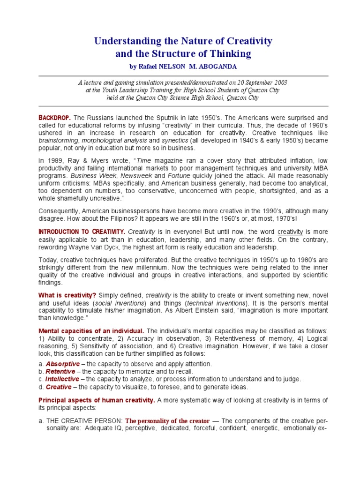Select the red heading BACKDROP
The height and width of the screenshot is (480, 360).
tap(56, 117)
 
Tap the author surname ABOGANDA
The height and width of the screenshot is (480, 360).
tap(215, 66)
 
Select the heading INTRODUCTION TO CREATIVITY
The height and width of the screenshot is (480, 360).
tap(82, 232)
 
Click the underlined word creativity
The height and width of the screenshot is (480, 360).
tap(291, 232)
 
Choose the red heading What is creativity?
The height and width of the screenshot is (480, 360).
tap(67, 295)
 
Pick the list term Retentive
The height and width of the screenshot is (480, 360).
tap(60, 371)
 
